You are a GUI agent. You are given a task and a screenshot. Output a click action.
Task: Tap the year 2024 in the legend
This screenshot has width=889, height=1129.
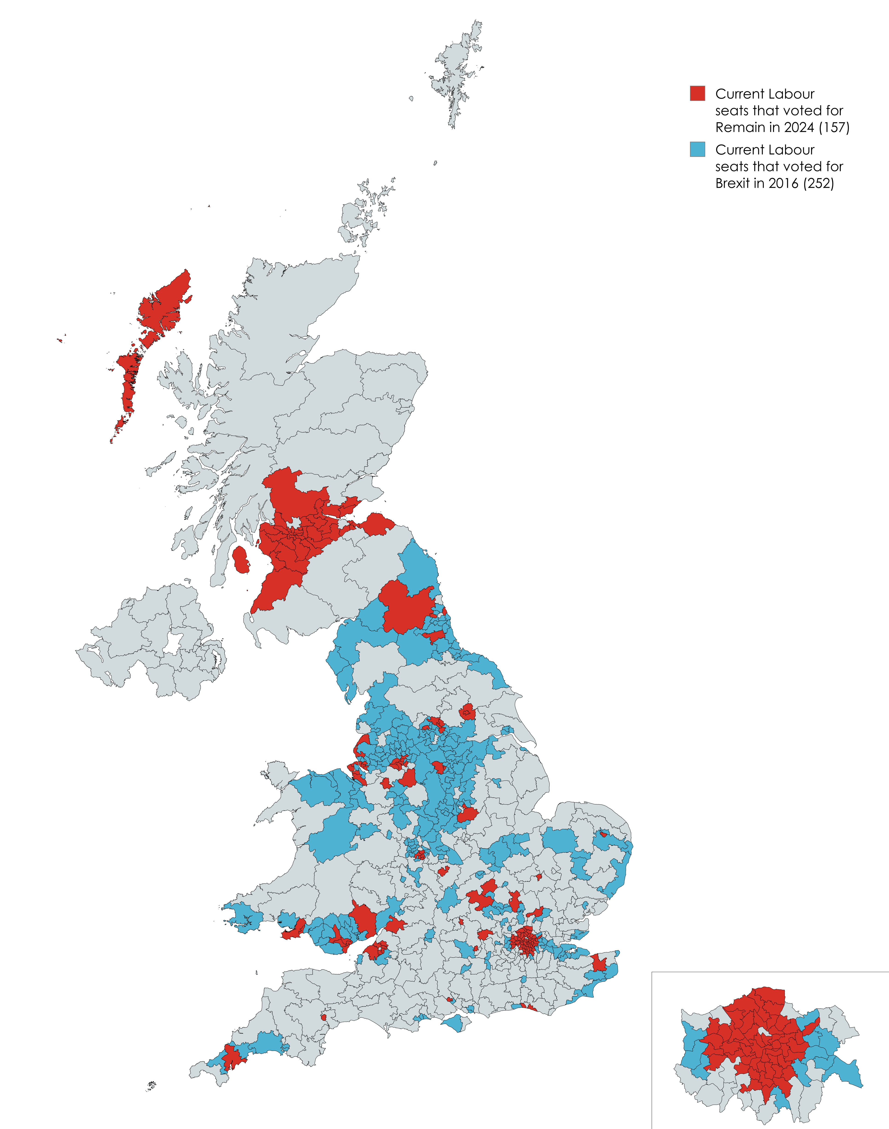tap(799, 127)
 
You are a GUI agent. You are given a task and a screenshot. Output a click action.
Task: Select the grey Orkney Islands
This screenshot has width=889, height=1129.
tap(359, 218)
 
